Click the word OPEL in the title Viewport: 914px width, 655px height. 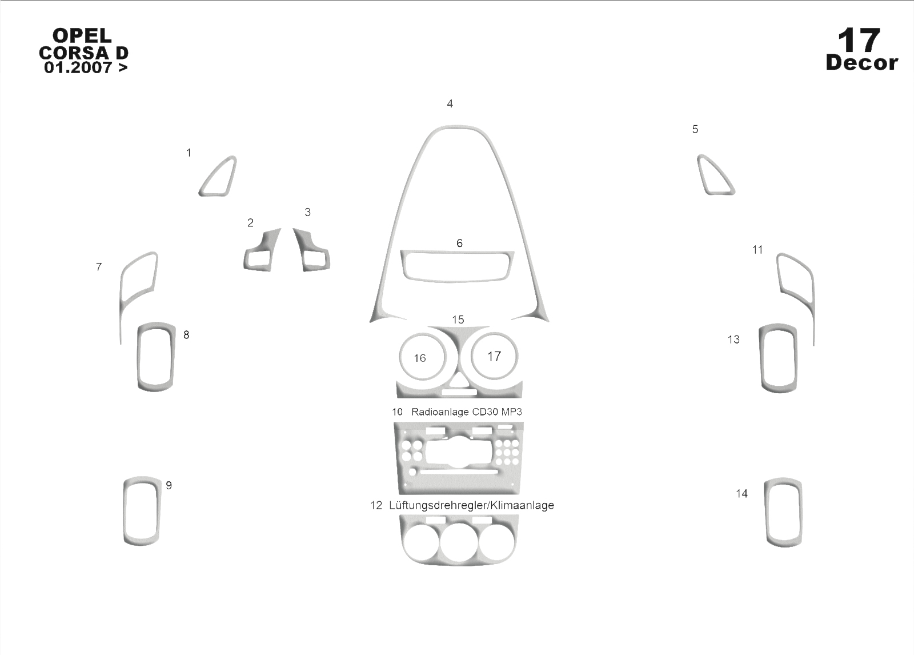82,35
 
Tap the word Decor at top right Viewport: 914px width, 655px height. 862,63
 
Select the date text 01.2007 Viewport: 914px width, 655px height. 78,67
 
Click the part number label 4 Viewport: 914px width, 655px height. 450,103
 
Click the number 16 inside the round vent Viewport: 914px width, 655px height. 419,358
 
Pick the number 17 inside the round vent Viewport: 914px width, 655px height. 494,357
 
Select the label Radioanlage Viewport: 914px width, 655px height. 440,412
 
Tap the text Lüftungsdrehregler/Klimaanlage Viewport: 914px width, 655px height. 471,506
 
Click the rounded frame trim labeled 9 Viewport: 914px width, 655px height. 126,510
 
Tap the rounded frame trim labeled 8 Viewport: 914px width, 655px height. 139,357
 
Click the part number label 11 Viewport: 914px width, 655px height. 757,250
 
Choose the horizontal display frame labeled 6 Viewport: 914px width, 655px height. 457,279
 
